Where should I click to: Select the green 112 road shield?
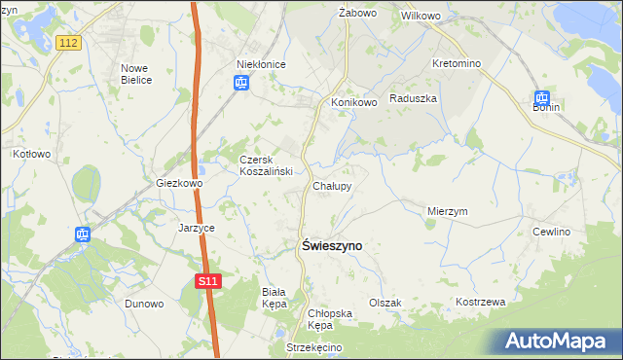pos(68,43)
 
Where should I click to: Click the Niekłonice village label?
pos(261,64)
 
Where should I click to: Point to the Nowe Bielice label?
pos(136,74)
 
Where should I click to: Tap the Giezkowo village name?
pos(179,183)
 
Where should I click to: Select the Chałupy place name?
pos(332,185)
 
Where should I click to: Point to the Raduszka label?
pos(413,98)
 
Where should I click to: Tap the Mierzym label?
pos(448,210)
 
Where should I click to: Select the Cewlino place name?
pos(551,232)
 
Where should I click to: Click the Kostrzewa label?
pos(481,303)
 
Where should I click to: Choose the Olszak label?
pos(385,303)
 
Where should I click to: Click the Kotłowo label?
pos(31,154)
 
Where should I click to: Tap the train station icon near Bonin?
pos(542,98)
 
